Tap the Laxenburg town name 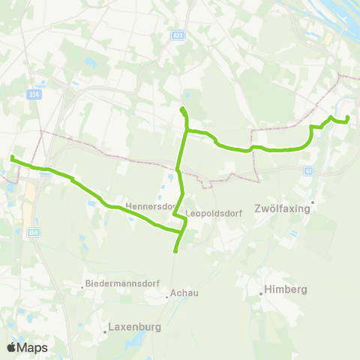click(x=136, y=327)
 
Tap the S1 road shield click(x=308, y=171)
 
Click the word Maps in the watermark click(x=33, y=347)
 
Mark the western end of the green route click(x=12, y=157)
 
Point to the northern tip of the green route click(x=181, y=110)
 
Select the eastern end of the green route click(x=348, y=119)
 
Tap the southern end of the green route click(x=175, y=251)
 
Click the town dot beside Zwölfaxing click(x=313, y=202)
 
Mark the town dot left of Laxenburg click(x=104, y=331)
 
